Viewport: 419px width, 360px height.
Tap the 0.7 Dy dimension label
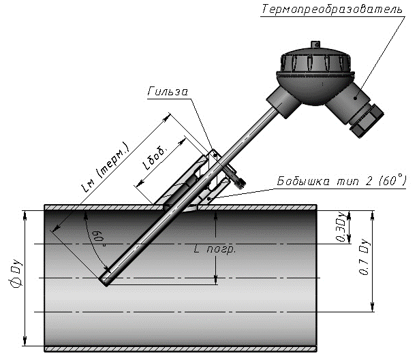pyautogui.click(x=363, y=259)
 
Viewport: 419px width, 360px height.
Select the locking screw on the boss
pyautogui.click(x=238, y=180)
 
